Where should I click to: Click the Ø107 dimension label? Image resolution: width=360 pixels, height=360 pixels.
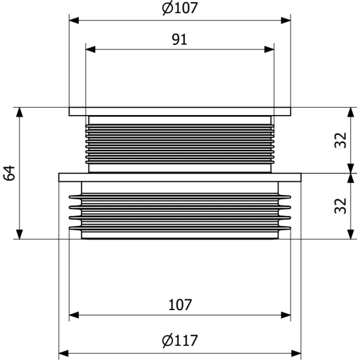point(180,8)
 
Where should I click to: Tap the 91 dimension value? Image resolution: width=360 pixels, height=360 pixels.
point(180,40)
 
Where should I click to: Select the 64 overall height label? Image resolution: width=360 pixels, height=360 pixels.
point(9,173)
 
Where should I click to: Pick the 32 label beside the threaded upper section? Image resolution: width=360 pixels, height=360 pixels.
point(340,140)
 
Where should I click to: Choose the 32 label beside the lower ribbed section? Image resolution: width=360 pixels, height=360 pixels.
point(340,206)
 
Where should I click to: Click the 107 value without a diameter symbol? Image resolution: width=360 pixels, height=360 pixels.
point(180,305)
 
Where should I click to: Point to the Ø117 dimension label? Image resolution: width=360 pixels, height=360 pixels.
point(180,340)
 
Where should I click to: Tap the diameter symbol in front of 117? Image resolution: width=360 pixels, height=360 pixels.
point(167,340)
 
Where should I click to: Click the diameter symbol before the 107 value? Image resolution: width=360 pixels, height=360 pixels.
point(167,8)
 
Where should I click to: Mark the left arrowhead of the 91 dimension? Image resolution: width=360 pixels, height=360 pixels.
point(90,49)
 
